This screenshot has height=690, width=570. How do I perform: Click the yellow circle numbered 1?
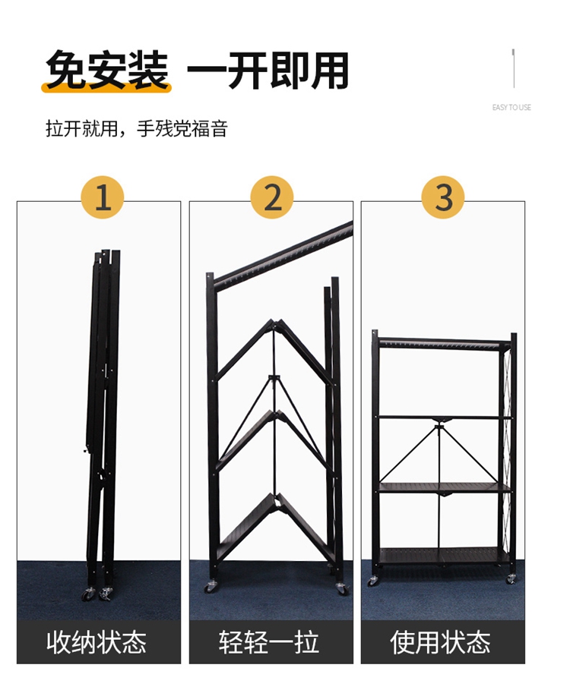[102, 197]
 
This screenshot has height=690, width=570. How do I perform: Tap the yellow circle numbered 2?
[272, 197]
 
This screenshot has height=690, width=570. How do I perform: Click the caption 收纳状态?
[97, 642]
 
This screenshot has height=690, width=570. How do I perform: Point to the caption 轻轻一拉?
[269, 642]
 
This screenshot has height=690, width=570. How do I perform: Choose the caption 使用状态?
[440, 642]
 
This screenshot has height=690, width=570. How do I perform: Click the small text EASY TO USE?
[511, 107]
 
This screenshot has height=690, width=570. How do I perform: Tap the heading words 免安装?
[107, 71]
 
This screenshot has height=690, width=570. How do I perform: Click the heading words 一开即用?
[268, 71]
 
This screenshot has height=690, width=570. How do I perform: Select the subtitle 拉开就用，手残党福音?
[137, 129]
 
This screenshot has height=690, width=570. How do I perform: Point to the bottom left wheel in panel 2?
[210, 587]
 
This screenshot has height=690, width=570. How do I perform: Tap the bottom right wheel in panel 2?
[342, 589]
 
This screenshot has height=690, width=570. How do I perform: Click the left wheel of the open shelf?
[373, 581]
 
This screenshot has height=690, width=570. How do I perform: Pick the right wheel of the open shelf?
[511, 579]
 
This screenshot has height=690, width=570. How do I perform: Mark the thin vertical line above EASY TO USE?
[513, 68]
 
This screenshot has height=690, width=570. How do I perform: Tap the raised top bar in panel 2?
[282, 253]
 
